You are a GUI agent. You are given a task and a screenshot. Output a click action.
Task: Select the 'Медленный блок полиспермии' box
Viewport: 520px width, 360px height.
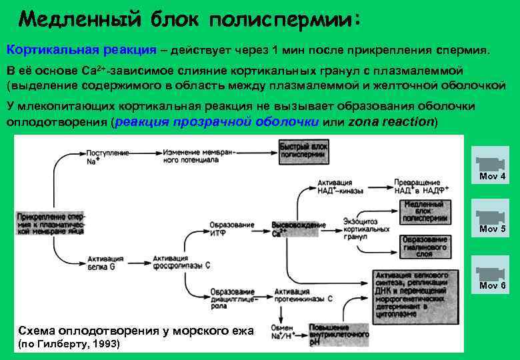pos(425,210)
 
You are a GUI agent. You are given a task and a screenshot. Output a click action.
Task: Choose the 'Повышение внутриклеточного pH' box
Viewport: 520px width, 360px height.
pos(338,333)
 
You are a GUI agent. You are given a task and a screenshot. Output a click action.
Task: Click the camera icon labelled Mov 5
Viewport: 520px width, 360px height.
pos(490,216)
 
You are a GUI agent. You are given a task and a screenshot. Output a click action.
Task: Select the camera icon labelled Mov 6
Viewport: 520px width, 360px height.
pos(490,273)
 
